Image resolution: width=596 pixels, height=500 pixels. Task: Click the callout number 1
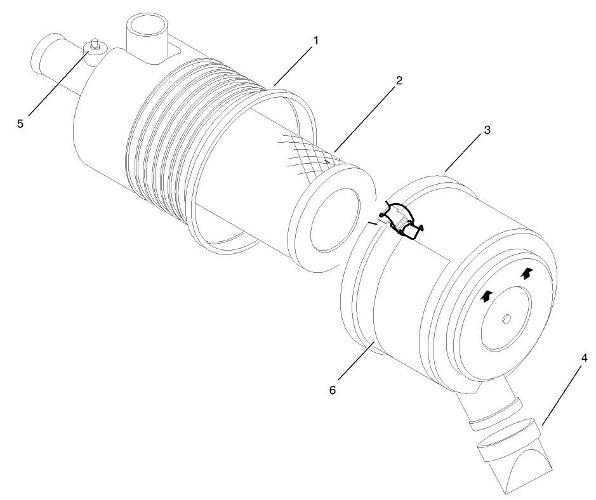(315, 40)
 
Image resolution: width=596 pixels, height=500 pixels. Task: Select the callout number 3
(487, 129)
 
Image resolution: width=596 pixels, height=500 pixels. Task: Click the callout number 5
(20, 124)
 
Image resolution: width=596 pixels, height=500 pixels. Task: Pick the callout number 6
(332, 389)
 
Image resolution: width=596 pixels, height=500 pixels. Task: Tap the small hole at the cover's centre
(507, 319)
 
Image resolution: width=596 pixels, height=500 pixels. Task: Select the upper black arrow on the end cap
(526, 273)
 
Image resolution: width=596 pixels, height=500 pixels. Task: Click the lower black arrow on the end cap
(487, 296)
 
